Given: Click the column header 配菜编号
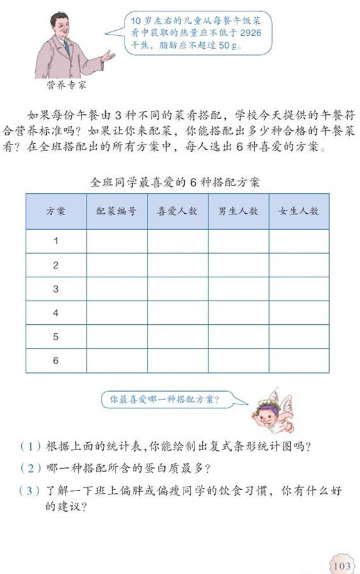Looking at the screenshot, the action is point(116,211).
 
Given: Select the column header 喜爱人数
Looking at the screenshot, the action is point(177,211).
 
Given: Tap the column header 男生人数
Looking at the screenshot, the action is point(238,211).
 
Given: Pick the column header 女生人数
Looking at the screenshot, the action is point(298,211).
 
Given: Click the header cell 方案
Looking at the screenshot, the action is point(56,211).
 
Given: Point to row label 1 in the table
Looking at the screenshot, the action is point(56,241).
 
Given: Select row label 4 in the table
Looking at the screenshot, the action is point(56,313).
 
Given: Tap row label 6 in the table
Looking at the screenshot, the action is point(56,361).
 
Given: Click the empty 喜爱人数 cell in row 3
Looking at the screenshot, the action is point(177,289).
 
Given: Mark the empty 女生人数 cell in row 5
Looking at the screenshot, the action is point(298,337).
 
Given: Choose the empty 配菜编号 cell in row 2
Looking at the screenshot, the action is point(116,265).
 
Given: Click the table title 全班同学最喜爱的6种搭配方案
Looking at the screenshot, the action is point(175,182).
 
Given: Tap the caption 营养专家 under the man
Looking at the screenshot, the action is point(66,85).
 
